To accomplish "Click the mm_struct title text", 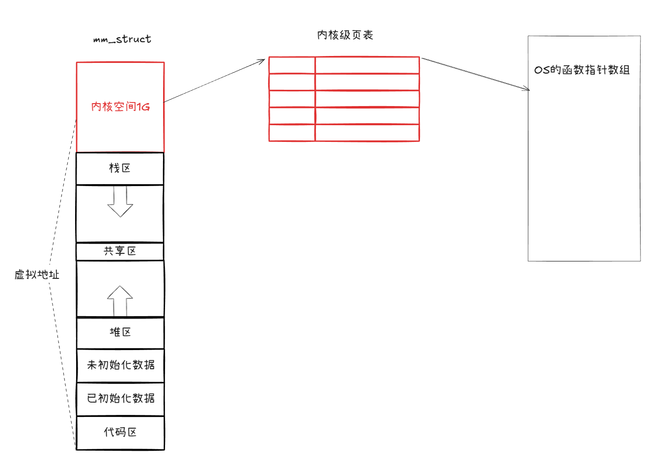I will (x=122, y=39).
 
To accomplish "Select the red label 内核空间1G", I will (x=120, y=107).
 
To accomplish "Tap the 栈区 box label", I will (x=120, y=168).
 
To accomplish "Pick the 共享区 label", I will (x=120, y=251).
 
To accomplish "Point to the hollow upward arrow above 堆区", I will (x=120, y=300).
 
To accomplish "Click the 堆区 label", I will (x=120, y=332).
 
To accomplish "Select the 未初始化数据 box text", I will (x=121, y=365).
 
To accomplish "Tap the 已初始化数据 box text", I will (x=121, y=398).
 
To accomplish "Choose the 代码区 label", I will (x=120, y=432).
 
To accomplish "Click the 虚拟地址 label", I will (x=37, y=274).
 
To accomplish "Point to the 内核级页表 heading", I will (x=345, y=35).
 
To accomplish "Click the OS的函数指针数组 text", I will (x=582, y=70).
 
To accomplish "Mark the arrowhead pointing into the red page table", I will (x=262, y=61).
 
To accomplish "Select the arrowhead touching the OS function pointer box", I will (x=527, y=89).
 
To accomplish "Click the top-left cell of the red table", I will (x=292, y=65).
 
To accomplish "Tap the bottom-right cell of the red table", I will (x=367, y=133).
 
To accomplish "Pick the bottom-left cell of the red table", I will (x=292, y=133).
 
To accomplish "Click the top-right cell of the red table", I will (x=367, y=65).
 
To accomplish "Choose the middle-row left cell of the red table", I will (x=292, y=99).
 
